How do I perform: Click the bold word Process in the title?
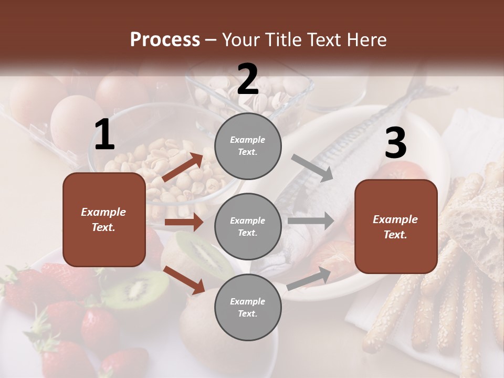click(x=165, y=39)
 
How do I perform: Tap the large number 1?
click(x=104, y=135)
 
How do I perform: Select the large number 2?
click(x=248, y=79)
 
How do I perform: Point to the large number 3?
click(x=395, y=143)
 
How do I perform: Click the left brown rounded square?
click(x=104, y=219)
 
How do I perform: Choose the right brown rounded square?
click(x=396, y=227)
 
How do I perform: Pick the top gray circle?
click(x=248, y=146)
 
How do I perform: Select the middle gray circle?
click(x=248, y=226)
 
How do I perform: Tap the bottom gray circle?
click(x=248, y=307)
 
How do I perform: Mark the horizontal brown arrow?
click(x=184, y=222)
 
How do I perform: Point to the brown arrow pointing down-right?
click(x=184, y=280)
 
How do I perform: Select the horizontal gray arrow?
click(x=310, y=221)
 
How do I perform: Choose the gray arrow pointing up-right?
click(x=309, y=278)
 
